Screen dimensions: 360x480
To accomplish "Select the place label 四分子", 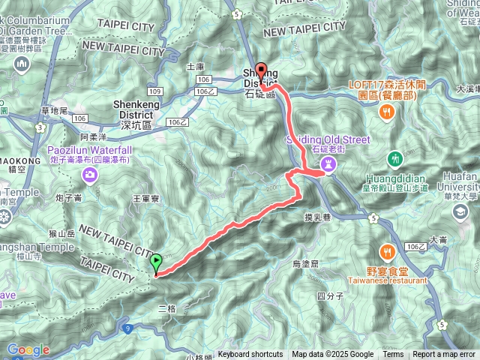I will (330, 296).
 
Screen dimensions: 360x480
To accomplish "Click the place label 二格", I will (167, 308).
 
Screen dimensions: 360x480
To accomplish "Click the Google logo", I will (28, 349).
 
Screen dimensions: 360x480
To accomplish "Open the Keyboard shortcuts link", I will (251, 355).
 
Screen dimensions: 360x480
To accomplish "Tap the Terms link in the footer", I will (393, 355).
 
